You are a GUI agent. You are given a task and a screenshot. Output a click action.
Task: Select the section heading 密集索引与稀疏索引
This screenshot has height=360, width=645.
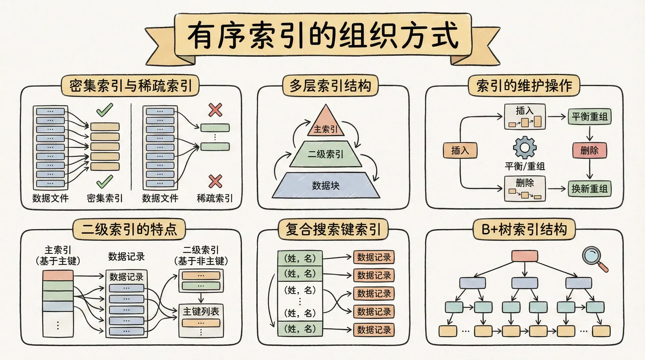[130, 86]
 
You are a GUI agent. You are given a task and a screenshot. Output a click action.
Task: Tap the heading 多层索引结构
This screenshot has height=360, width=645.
[330, 86]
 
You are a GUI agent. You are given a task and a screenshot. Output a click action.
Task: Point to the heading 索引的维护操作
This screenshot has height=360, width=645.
[524, 86]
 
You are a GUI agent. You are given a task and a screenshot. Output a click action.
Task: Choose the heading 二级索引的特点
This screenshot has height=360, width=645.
[129, 230]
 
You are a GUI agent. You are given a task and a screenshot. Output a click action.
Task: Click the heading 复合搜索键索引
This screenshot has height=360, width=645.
[333, 230]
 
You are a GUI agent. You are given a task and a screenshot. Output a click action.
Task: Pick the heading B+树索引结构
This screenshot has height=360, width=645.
[524, 230]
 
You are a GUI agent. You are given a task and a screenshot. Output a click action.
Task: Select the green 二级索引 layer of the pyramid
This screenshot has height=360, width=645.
[325, 154]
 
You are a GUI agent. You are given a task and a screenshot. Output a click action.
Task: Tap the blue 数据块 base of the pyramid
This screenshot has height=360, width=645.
[326, 185]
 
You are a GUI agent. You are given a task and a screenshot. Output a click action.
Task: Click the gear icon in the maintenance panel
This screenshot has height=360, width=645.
[524, 147]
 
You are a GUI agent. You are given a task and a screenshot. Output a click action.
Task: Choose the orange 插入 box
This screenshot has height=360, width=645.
[460, 150]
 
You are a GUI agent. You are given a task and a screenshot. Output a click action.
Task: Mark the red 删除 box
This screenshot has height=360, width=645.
[590, 150]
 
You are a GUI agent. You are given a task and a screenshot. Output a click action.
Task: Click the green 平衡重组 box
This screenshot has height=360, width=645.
[590, 117]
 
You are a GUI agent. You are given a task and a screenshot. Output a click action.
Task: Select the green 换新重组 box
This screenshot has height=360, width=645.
[590, 189]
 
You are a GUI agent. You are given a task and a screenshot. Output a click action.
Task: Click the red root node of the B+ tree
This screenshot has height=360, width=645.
[524, 256]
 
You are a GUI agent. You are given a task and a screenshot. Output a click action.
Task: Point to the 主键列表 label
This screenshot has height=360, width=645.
[201, 312]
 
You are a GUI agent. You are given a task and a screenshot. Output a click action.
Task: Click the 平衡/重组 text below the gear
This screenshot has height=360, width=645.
[524, 166]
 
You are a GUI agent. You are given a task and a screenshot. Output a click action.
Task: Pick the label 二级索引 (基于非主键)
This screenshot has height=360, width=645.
[201, 256]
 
